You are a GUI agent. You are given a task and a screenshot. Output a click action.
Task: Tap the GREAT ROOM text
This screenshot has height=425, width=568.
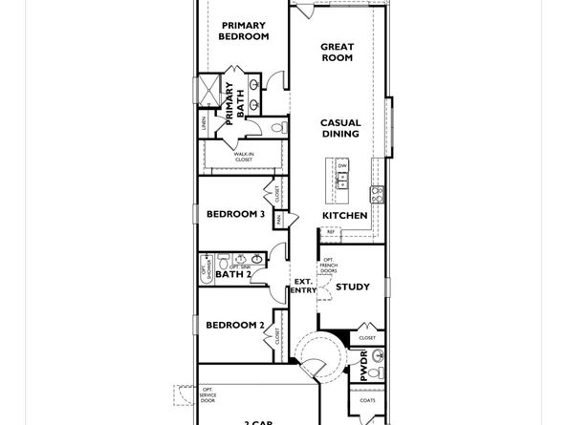pyautogui.click(x=337, y=52)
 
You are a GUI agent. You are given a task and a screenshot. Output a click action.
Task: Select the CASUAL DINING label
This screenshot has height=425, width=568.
pyautogui.click(x=339, y=128)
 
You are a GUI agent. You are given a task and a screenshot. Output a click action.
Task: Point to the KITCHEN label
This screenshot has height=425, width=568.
pyautogui.click(x=344, y=216)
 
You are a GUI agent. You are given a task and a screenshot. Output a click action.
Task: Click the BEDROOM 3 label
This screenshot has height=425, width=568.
pyautogui.click(x=235, y=215)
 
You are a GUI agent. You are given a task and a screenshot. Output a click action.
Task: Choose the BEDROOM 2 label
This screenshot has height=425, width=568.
pyautogui.click(x=235, y=325)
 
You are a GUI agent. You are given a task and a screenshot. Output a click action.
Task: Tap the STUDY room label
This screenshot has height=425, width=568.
pyautogui.click(x=353, y=287)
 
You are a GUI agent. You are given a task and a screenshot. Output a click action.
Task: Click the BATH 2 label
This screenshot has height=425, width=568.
pyautogui.click(x=232, y=275)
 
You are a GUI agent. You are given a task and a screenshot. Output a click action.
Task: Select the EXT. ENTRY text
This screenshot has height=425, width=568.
pyautogui.click(x=304, y=285)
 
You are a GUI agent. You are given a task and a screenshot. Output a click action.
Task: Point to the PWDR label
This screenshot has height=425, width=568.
pyautogui.click(x=363, y=365)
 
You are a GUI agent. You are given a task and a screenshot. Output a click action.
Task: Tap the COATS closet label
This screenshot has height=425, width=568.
pyautogui.click(x=368, y=399)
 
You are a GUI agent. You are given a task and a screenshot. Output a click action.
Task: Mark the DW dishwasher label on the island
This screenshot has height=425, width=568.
pyautogui.click(x=342, y=166)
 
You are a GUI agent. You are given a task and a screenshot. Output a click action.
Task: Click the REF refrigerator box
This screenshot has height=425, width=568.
pyautogui.click(x=331, y=232)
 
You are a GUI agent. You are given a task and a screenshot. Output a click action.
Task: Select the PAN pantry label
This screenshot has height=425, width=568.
pyautogui.click(x=278, y=219)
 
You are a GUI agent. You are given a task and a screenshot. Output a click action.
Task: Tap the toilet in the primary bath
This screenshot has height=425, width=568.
pyautogui.click(x=278, y=127)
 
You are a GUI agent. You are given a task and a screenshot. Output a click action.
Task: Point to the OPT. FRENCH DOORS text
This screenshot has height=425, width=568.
pyautogui.click(x=328, y=266)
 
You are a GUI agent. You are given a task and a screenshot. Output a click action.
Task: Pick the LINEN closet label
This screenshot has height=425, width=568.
pyautogui.click(x=204, y=123)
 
